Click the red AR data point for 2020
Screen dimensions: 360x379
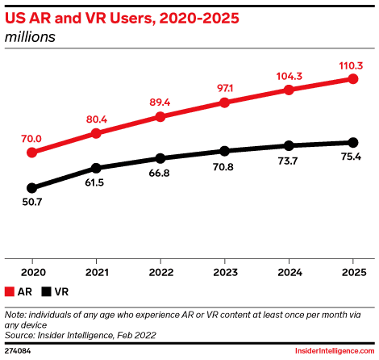tap(32, 152)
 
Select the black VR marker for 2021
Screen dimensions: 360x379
tap(97, 168)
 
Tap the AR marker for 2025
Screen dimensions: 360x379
tap(352, 78)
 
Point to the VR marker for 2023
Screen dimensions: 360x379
tap(225, 151)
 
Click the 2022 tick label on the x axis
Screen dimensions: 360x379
tap(160, 272)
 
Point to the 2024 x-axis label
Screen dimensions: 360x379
tap(289, 272)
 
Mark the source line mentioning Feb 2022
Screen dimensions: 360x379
tap(81, 333)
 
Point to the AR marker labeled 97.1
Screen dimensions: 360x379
tap(225, 103)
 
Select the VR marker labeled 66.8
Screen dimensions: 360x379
tap(160, 158)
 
